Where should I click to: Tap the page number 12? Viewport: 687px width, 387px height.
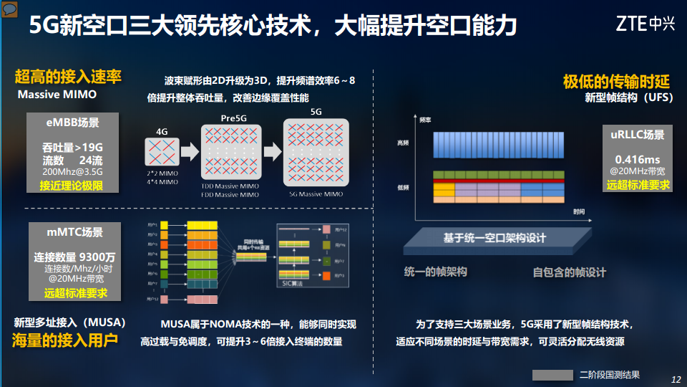(x=676, y=379)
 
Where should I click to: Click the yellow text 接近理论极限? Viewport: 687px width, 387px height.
(x=72, y=186)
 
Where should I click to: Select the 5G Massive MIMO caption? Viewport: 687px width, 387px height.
(x=316, y=194)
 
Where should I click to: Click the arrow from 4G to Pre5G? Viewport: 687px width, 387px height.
(x=189, y=152)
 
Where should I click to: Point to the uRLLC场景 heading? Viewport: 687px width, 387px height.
(x=638, y=135)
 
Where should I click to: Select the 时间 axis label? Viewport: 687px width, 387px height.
(x=579, y=212)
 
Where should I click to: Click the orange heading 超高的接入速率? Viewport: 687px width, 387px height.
(x=68, y=77)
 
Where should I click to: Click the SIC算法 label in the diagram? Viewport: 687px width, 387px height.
(x=293, y=285)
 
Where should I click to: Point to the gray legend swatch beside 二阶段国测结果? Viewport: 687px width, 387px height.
(x=552, y=375)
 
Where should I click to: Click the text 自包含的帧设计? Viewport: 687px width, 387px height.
(x=569, y=272)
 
